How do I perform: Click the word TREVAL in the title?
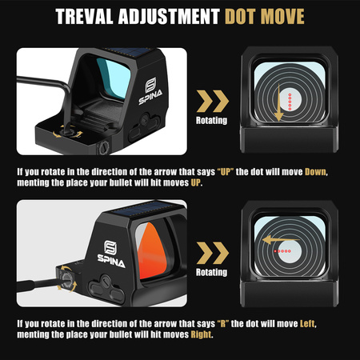84,17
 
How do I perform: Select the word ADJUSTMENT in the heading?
169,17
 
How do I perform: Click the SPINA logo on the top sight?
150,91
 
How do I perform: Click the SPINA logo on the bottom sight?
111,254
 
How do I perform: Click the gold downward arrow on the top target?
278,102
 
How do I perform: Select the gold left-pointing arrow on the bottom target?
281,240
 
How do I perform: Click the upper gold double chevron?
213,101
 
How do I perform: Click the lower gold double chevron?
213,253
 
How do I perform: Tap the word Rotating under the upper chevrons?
211,121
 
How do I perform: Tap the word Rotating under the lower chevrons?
211,273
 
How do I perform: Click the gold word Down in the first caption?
315,172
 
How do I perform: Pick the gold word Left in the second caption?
307,324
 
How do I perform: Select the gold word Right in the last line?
201,334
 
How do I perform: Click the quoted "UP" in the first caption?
226,172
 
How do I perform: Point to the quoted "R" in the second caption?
223,324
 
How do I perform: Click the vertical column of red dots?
290,102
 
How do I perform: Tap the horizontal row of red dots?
282,251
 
